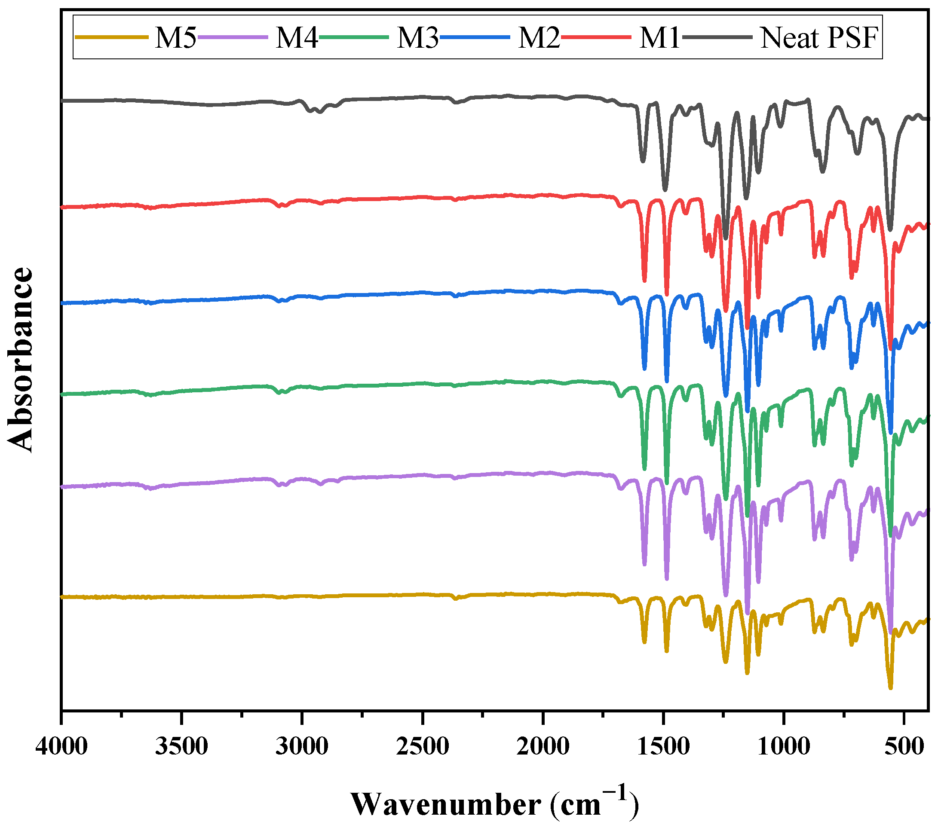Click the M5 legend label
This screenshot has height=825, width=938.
[175, 38]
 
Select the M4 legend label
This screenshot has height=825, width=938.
[297, 38]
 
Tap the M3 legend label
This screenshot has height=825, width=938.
[417, 38]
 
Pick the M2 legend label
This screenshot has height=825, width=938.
[539, 38]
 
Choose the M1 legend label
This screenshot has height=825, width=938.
[659, 38]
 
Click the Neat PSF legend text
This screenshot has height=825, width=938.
[819, 38]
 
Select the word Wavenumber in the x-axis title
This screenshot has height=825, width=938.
[446, 804]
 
